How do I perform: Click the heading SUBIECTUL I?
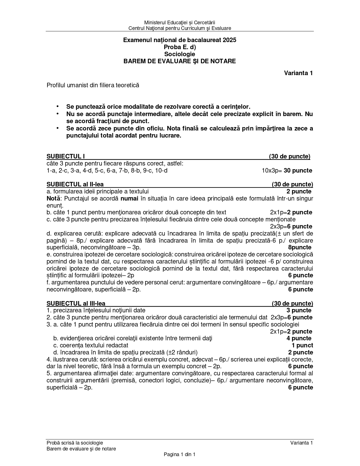66,156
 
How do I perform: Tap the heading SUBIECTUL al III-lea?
76,304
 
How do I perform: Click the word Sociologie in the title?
180,54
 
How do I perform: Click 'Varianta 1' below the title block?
298,73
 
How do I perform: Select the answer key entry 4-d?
88,171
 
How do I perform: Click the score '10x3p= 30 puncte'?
287,171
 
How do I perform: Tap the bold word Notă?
52,199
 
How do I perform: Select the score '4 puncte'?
299,338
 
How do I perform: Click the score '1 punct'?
302,345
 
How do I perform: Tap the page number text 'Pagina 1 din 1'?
180,454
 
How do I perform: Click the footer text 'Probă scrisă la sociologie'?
75,443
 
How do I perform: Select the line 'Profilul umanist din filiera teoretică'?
93,85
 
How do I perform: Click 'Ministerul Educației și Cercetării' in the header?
180,22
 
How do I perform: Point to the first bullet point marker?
58,106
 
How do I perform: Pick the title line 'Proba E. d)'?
180,47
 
